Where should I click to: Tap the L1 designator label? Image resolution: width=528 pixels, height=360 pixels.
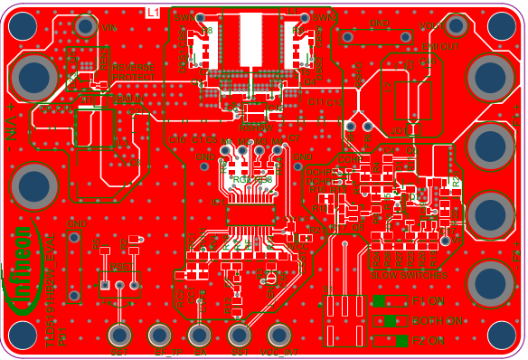coord(153,12)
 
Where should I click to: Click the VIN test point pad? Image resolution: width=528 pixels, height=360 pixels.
coord(86,26)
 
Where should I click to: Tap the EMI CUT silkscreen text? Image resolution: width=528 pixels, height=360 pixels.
coord(441,45)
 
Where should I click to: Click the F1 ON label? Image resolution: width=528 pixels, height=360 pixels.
coord(429,300)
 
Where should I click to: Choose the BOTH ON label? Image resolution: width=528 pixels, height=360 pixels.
coord(438,321)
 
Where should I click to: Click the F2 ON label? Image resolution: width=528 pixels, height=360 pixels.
coord(429,341)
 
